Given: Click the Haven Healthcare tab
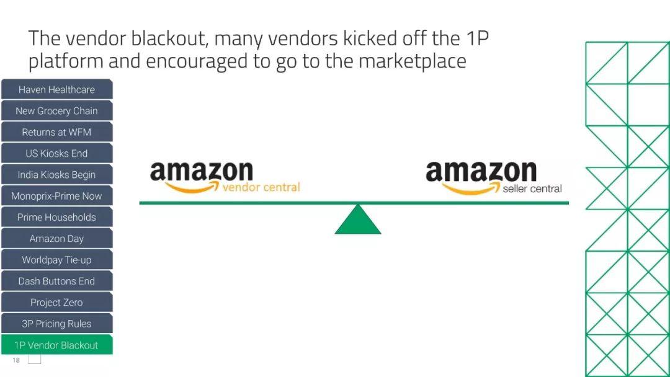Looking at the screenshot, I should pos(56,89).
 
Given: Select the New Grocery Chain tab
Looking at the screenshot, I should pos(56,111).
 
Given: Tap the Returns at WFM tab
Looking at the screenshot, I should pos(56,132).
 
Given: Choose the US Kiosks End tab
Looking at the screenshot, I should pos(56,153).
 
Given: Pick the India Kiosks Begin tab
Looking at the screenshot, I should pos(56,175).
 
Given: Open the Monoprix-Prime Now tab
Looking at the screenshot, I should pos(56,196).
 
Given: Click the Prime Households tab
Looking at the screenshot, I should pos(56,217).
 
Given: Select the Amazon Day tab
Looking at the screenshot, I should pos(56,239).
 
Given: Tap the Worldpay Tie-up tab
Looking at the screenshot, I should pos(56,260).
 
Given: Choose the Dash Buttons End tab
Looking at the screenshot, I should pos(56,281).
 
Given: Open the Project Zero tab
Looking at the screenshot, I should pos(56,303).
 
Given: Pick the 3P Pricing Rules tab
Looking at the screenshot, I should pos(56,324).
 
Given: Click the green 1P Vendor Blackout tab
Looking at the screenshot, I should pos(56,345).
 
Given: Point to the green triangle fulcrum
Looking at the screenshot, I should pos(358,222).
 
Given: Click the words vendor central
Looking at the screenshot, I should pos(261,187).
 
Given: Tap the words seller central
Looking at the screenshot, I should pos(532,188).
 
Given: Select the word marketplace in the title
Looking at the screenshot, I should pos(412,62).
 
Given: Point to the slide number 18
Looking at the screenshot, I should pos(16,360).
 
